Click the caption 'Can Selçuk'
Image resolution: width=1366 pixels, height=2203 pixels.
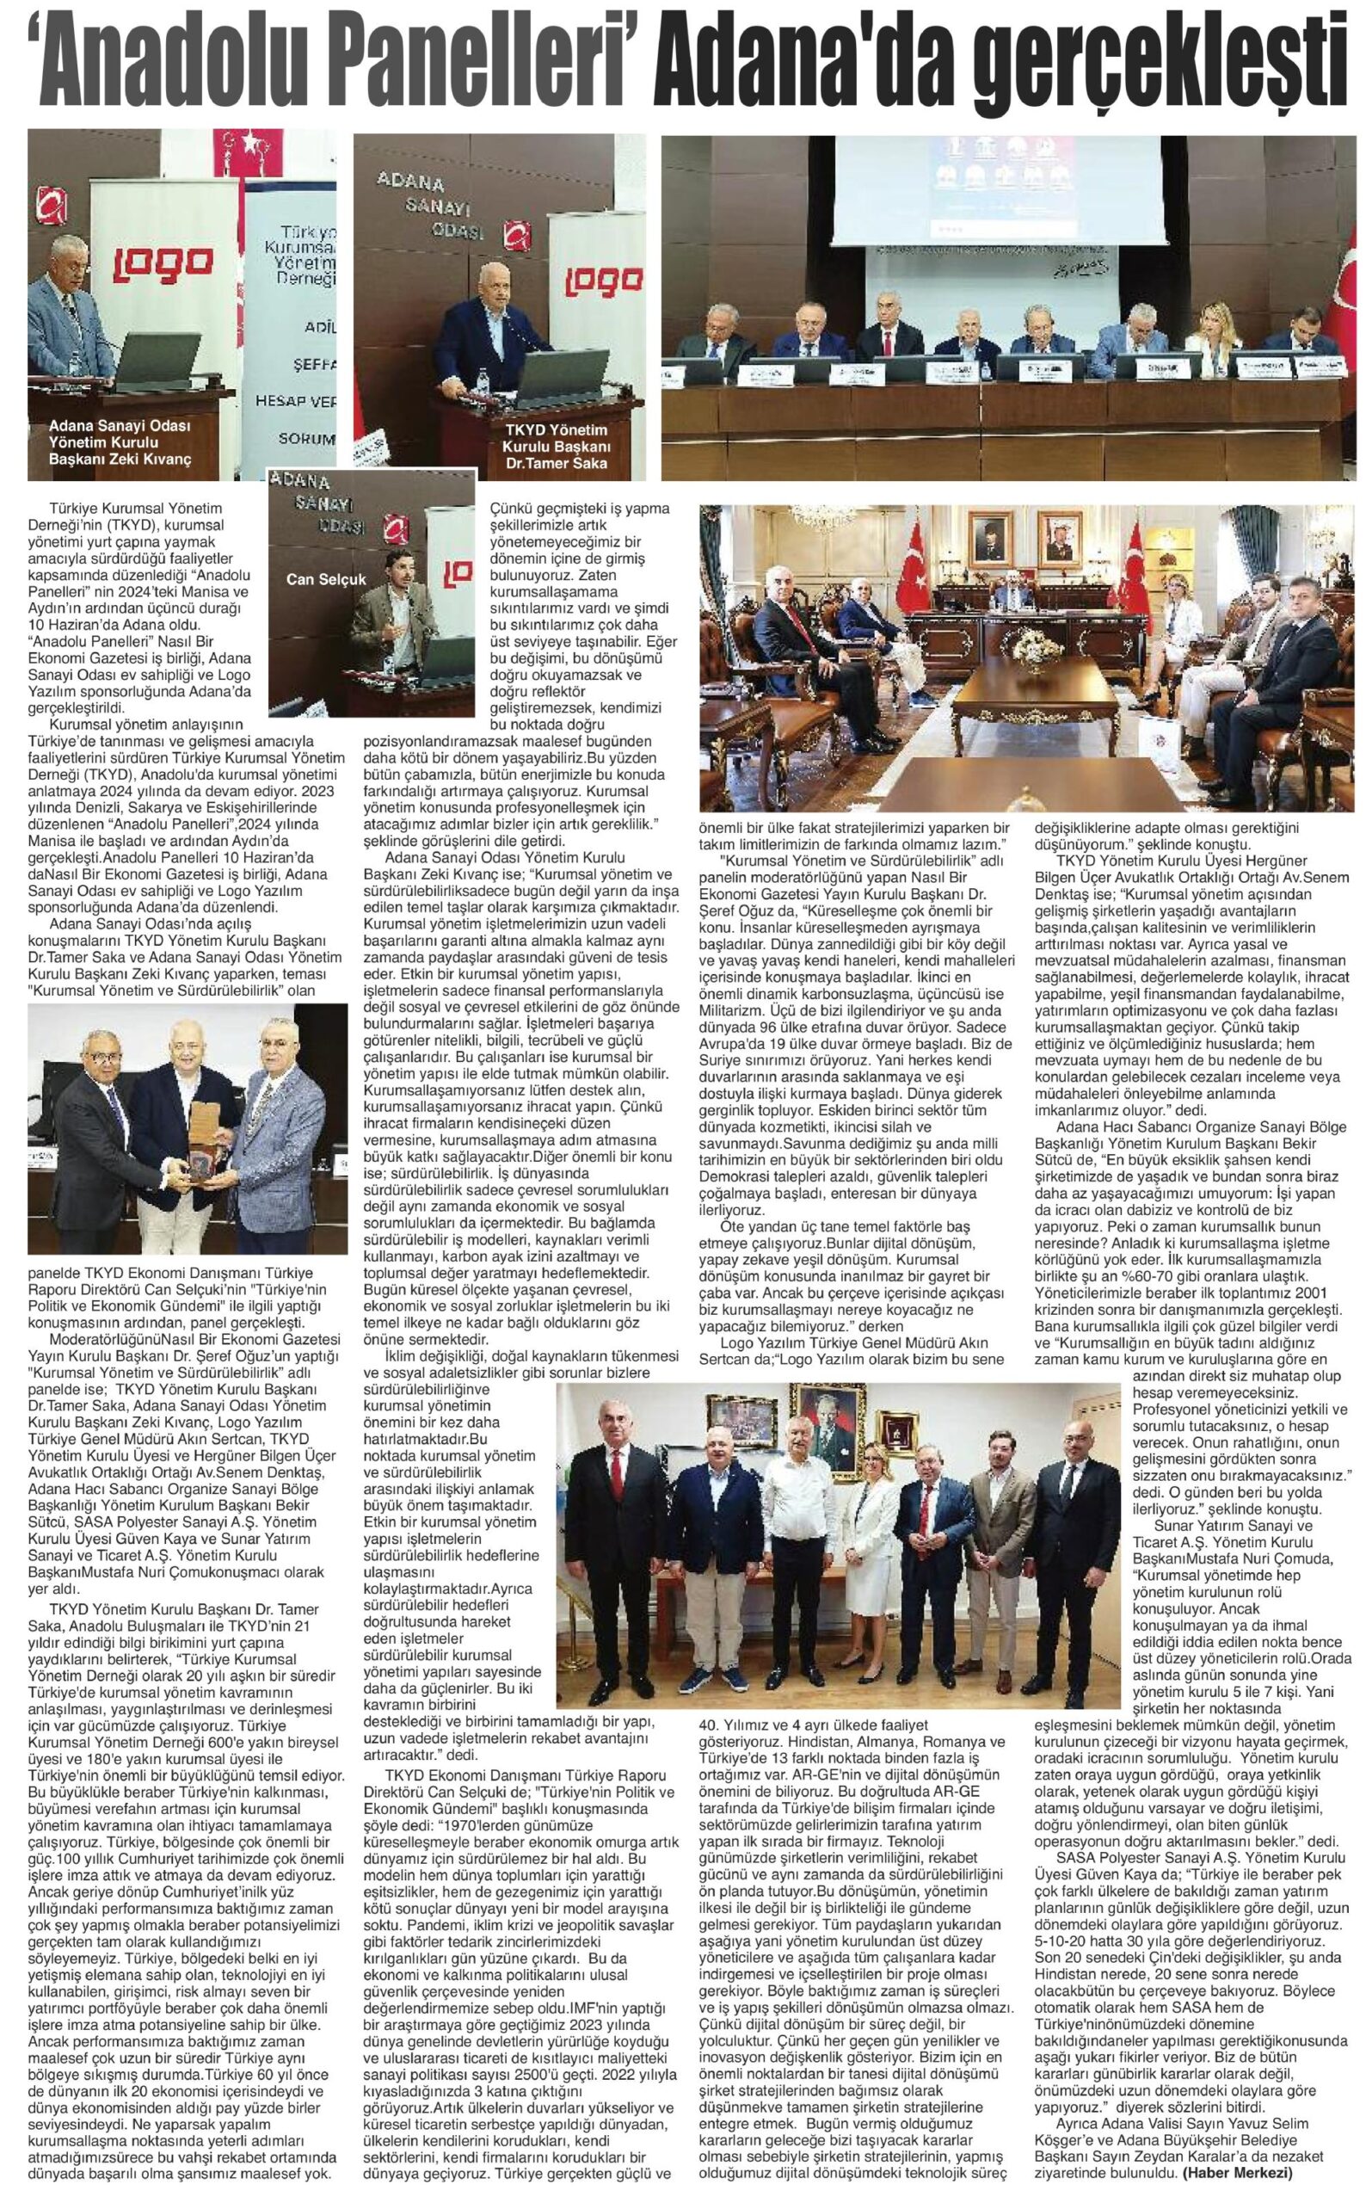(x=323, y=578)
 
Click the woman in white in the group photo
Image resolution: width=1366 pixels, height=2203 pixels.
(x=874, y=1750)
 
